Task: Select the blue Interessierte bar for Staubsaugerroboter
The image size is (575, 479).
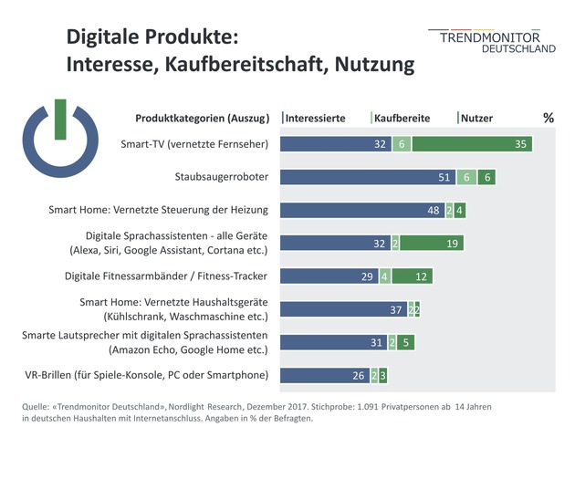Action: [x=365, y=177]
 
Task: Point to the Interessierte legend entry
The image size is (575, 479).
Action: [x=312, y=118]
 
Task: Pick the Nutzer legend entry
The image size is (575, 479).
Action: [x=476, y=118]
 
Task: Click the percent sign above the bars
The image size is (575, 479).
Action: [x=548, y=118]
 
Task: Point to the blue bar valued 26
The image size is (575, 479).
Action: [x=324, y=375]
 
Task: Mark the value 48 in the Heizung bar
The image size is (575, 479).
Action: [x=434, y=210]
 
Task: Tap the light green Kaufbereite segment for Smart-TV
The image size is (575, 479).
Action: [x=402, y=144]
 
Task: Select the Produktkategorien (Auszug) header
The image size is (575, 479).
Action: [x=202, y=118]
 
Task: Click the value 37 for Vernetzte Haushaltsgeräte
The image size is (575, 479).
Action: [x=396, y=309]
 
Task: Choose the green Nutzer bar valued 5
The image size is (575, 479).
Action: [x=407, y=342]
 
